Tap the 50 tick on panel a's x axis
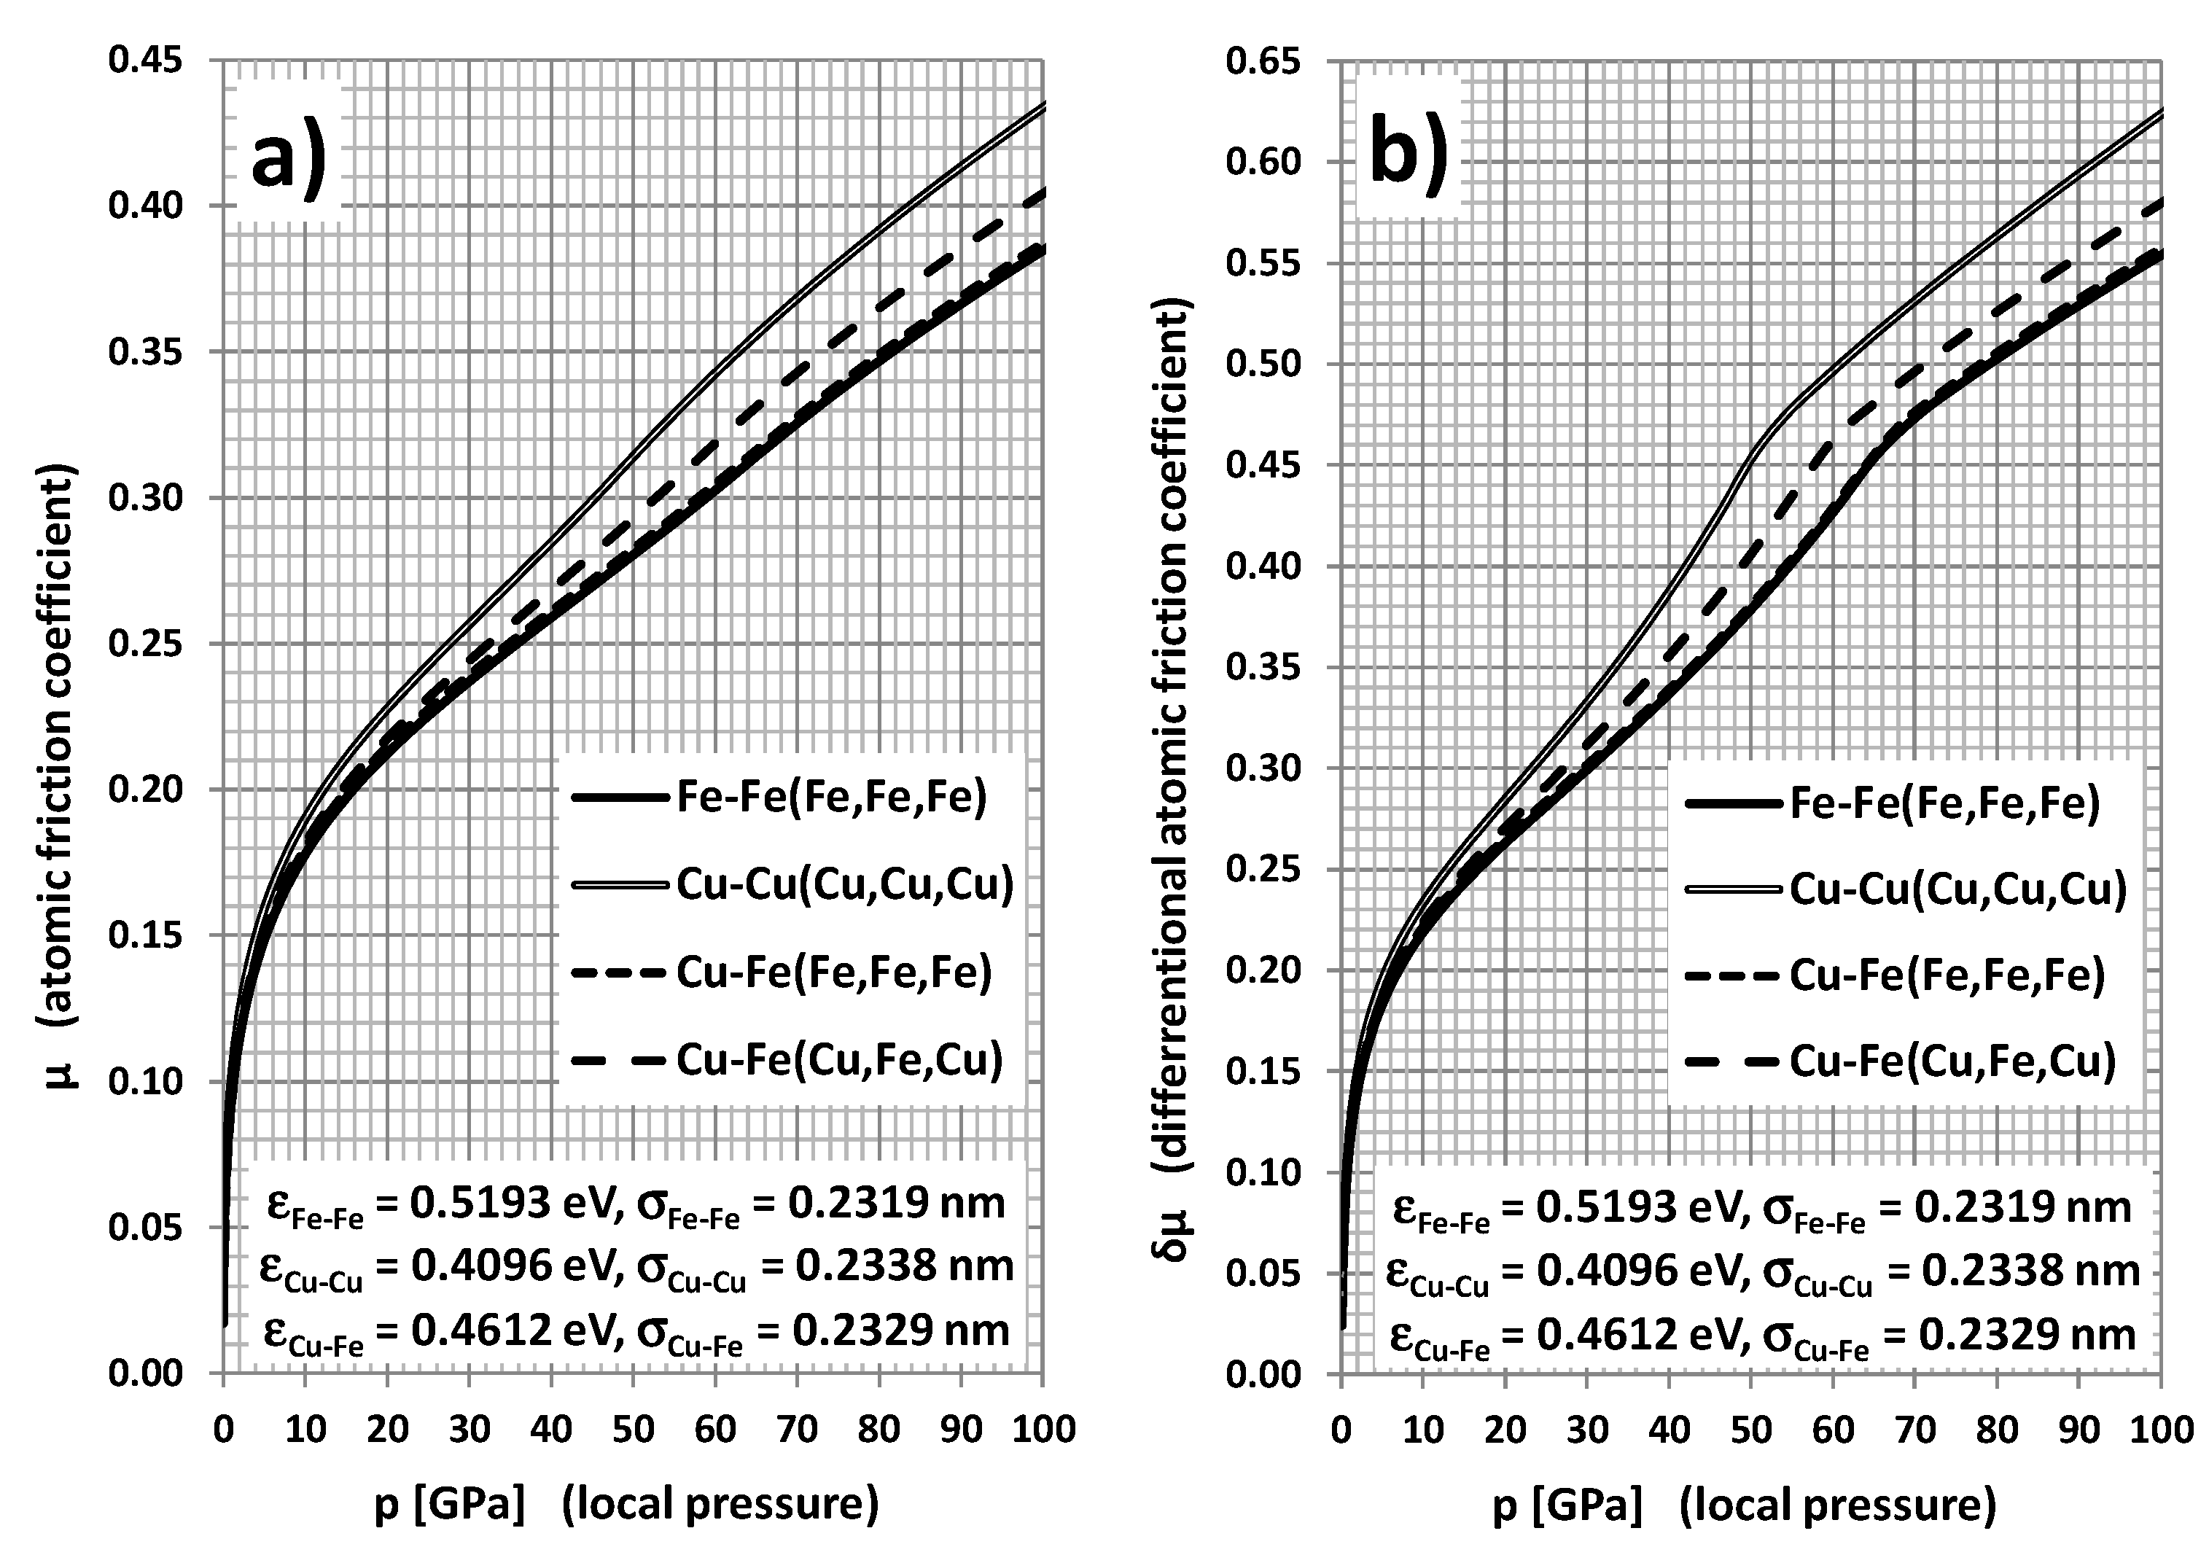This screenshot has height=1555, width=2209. (x=633, y=1429)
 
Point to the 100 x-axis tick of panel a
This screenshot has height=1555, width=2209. (x=1043, y=1429)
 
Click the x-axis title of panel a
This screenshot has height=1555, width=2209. (x=626, y=1505)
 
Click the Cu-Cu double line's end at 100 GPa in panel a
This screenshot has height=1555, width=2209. (x=1043, y=104)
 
